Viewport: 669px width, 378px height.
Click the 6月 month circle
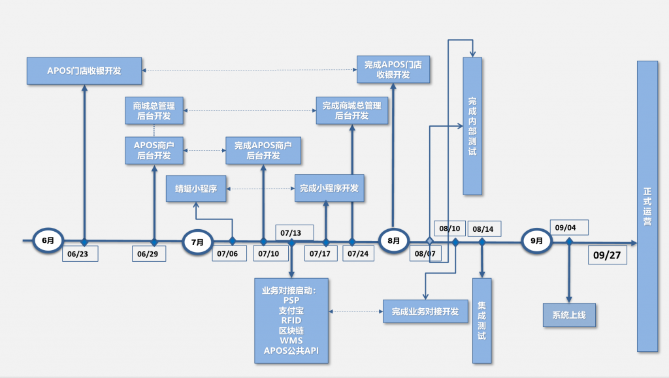pos(48,241)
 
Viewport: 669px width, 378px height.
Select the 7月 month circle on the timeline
pos(197,242)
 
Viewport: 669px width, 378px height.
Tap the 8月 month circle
pos(393,241)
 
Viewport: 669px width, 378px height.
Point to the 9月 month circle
pos(536,241)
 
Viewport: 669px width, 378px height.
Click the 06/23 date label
pos(80,253)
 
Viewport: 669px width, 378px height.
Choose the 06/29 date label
pos(148,253)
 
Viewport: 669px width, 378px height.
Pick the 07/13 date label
pos(295,232)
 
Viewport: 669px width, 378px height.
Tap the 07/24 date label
pos(359,253)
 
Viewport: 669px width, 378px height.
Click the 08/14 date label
pos(484,229)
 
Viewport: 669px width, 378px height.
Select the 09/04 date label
pos(569,228)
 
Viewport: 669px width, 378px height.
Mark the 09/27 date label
pos(608,255)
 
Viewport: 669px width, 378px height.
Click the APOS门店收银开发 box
pos(84,71)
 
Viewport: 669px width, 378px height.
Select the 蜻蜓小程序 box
pos(196,189)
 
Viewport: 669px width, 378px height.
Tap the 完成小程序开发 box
pos(329,188)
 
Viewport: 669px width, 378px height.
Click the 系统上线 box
pos(569,315)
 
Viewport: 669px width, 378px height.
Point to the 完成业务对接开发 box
pos(425,311)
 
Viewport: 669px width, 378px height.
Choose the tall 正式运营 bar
pos(647,206)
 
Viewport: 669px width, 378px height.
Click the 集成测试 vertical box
pos(481,321)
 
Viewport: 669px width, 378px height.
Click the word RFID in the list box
pos(291,321)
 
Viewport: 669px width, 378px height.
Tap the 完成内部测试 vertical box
pos(472,126)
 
